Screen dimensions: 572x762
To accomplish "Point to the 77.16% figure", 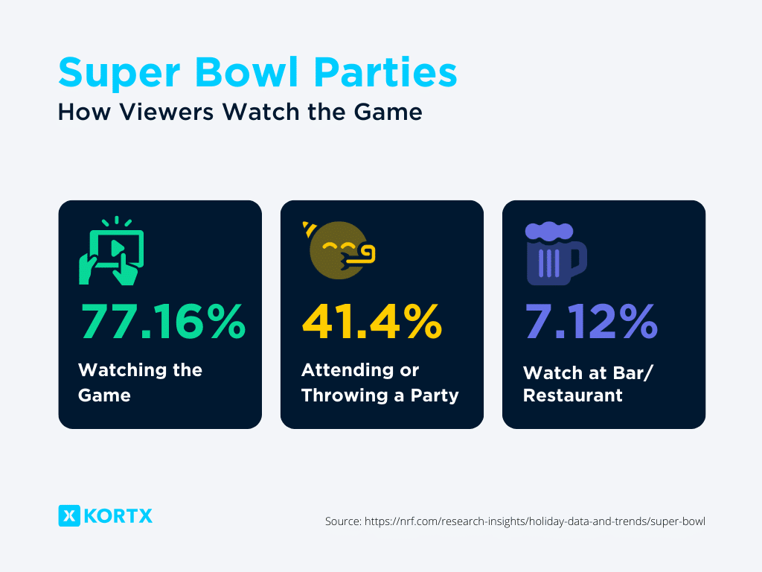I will [x=162, y=322].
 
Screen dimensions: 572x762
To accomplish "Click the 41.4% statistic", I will [x=371, y=322].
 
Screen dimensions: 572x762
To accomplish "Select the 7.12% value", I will [x=591, y=322].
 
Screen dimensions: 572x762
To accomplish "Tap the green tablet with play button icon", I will [x=112, y=252].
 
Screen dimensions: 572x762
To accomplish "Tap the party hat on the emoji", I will [x=308, y=226].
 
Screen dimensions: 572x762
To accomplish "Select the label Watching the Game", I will [x=140, y=382].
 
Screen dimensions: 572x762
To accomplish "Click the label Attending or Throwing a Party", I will [x=380, y=382].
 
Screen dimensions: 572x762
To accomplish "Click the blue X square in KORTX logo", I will [x=68, y=515].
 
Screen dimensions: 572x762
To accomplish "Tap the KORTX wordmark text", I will [x=118, y=515].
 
